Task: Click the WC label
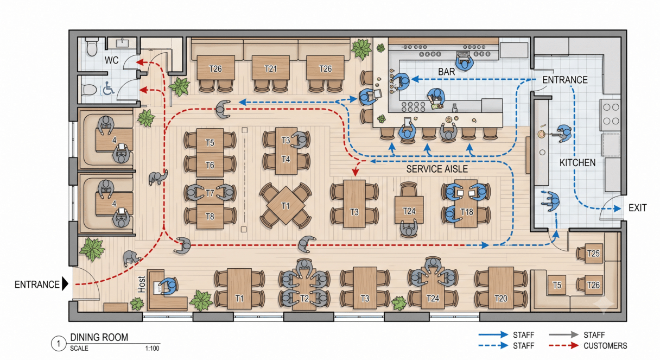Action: click(111, 60)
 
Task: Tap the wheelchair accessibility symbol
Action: click(108, 89)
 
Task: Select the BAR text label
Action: click(446, 72)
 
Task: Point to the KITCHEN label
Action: click(577, 163)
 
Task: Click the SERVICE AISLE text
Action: click(437, 169)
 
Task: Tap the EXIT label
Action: click(637, 208)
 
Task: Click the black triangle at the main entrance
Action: click(65, 284)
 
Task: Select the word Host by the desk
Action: click(142, 285)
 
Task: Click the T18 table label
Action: click(467, 212)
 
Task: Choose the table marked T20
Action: click(501, 288)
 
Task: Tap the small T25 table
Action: click(593, 253)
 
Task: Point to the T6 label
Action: click(210, 165)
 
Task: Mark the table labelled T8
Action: click(210, 217)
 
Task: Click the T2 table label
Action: click(304, 299)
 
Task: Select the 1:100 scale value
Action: click(152, 348)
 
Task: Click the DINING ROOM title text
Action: click(99, 337)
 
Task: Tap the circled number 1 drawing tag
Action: click(58, 344)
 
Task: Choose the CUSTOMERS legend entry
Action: click(605, 345)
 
